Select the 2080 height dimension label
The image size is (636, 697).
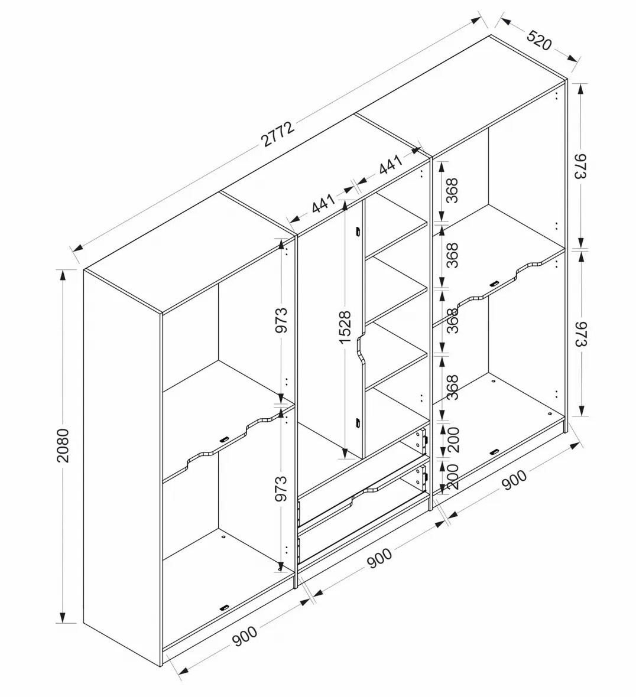pos(63,445)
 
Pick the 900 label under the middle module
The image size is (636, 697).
pos(379,558)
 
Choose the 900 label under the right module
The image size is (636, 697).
pos(515,480)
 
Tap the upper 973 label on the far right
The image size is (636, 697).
pos(581,166)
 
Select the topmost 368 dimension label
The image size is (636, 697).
pos(452,190)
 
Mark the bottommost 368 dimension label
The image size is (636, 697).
pos(452,387)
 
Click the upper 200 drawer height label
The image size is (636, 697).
pos(453,439)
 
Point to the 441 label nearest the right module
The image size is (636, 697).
pos(391,164)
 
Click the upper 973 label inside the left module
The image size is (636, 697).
pos(281,320)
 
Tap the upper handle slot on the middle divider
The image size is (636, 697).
pos(357,233)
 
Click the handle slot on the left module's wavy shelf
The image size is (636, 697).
pos(223,439)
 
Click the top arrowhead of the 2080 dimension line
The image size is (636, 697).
pos(63,276)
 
